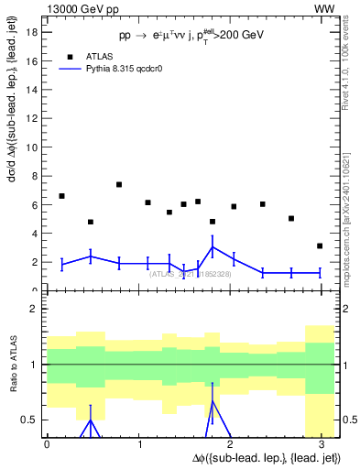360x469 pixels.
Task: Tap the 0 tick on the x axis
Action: pos(47,443)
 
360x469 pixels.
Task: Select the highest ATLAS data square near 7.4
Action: pos(119,184)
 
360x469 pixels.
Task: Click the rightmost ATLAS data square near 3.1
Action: pos(319,245)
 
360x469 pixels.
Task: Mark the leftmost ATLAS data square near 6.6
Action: pos(61,196)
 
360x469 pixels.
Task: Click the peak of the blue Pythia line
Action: pos(212,247)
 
